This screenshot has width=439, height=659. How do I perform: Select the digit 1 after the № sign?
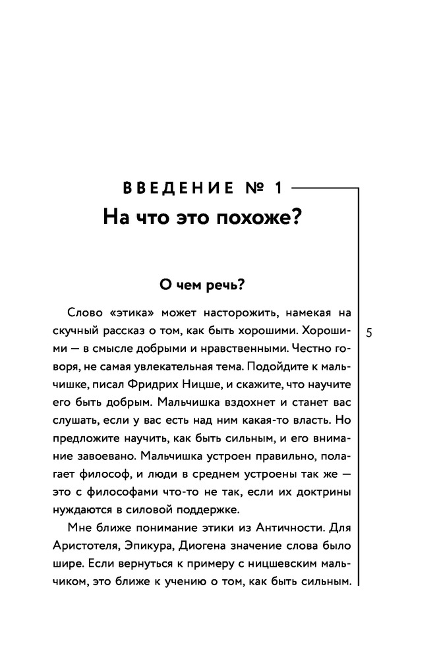(x=278, y=189)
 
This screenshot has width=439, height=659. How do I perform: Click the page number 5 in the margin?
(x=368, y=332)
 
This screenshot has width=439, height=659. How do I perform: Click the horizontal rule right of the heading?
(x=323, y=188)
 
